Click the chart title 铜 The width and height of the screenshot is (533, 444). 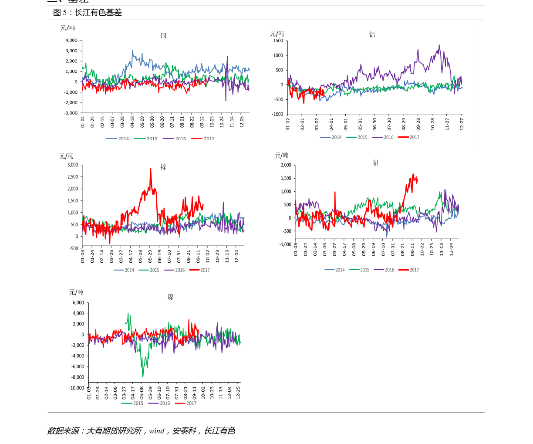pos(163,36)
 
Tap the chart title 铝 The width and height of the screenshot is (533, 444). pos(372,35)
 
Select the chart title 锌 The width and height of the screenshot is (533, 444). pos(163,167)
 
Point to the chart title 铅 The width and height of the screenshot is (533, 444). pos(376,163)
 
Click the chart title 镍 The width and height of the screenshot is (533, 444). pos(171,297)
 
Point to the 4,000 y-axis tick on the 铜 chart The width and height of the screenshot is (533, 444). pos(71,40)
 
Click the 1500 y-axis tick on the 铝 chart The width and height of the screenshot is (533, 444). pos(278,41)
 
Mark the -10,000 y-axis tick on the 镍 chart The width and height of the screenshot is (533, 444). pos(77,388)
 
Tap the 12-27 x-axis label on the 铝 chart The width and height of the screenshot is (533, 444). pos(462,124)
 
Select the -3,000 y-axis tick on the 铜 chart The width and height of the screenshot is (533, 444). pos(71,113)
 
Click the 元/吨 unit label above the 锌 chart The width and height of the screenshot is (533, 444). pos(66,156)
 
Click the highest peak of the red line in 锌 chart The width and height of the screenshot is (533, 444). pos(151,169)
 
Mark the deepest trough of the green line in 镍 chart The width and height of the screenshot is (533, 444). pos(143,376)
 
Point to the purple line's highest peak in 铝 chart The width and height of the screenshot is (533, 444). pos(439,45)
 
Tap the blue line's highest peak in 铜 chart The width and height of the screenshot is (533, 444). pos(133,50)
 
